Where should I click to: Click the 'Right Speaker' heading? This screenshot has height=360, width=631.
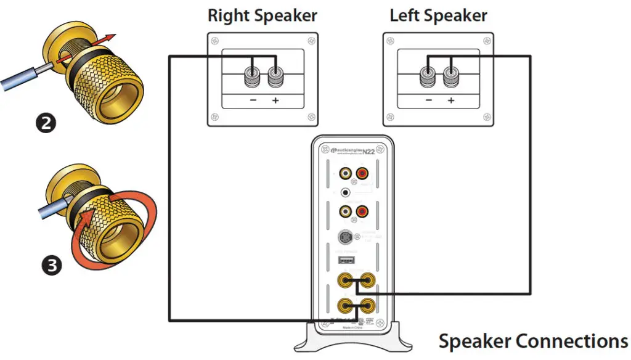tap(263, 15)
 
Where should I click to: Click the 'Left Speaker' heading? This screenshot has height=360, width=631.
tap(438, 15)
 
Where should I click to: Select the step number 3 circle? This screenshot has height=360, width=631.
tap(54, 266)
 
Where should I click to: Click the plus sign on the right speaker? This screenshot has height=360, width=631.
tap(274, 100)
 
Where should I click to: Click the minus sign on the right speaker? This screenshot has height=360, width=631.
tap(252, 100)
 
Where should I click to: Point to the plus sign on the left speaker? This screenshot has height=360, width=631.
tap(451, 100)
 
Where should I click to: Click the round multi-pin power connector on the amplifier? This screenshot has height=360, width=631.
tap(345, 237)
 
